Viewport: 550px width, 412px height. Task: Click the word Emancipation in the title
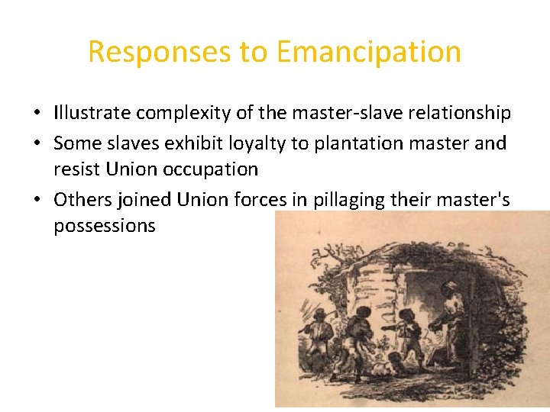(x=369, y=52)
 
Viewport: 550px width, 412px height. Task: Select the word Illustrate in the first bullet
(x=92, y=114)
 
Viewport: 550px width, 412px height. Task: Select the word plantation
(x=355, y=143)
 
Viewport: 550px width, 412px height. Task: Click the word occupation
(x=210, y=169)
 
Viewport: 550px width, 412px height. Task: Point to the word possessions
(x=105, y=225)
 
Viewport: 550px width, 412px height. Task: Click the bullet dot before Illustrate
(x=37, y=114)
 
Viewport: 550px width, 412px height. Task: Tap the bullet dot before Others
(x=37, y=200)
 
